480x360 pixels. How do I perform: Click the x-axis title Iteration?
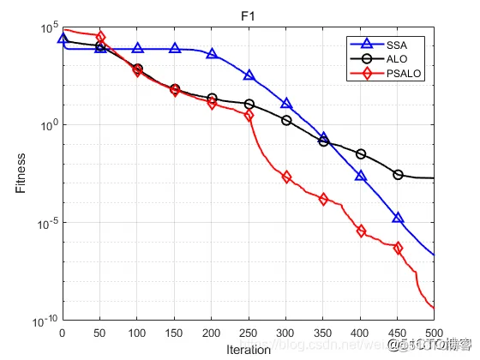click(249, 350)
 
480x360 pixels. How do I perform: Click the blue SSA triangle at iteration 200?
click(212, 54)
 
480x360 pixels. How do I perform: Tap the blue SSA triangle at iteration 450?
click(398, 218)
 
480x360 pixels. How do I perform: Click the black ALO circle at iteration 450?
click(398, 175)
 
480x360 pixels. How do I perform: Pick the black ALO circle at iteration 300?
click(286, 120)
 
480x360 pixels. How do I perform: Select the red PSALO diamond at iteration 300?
click(286, 177)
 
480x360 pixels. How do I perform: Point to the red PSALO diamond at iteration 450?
click(398, 249)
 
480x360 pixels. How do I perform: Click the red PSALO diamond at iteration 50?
click(100, 37)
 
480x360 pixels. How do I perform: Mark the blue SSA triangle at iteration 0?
click(63, 39)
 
